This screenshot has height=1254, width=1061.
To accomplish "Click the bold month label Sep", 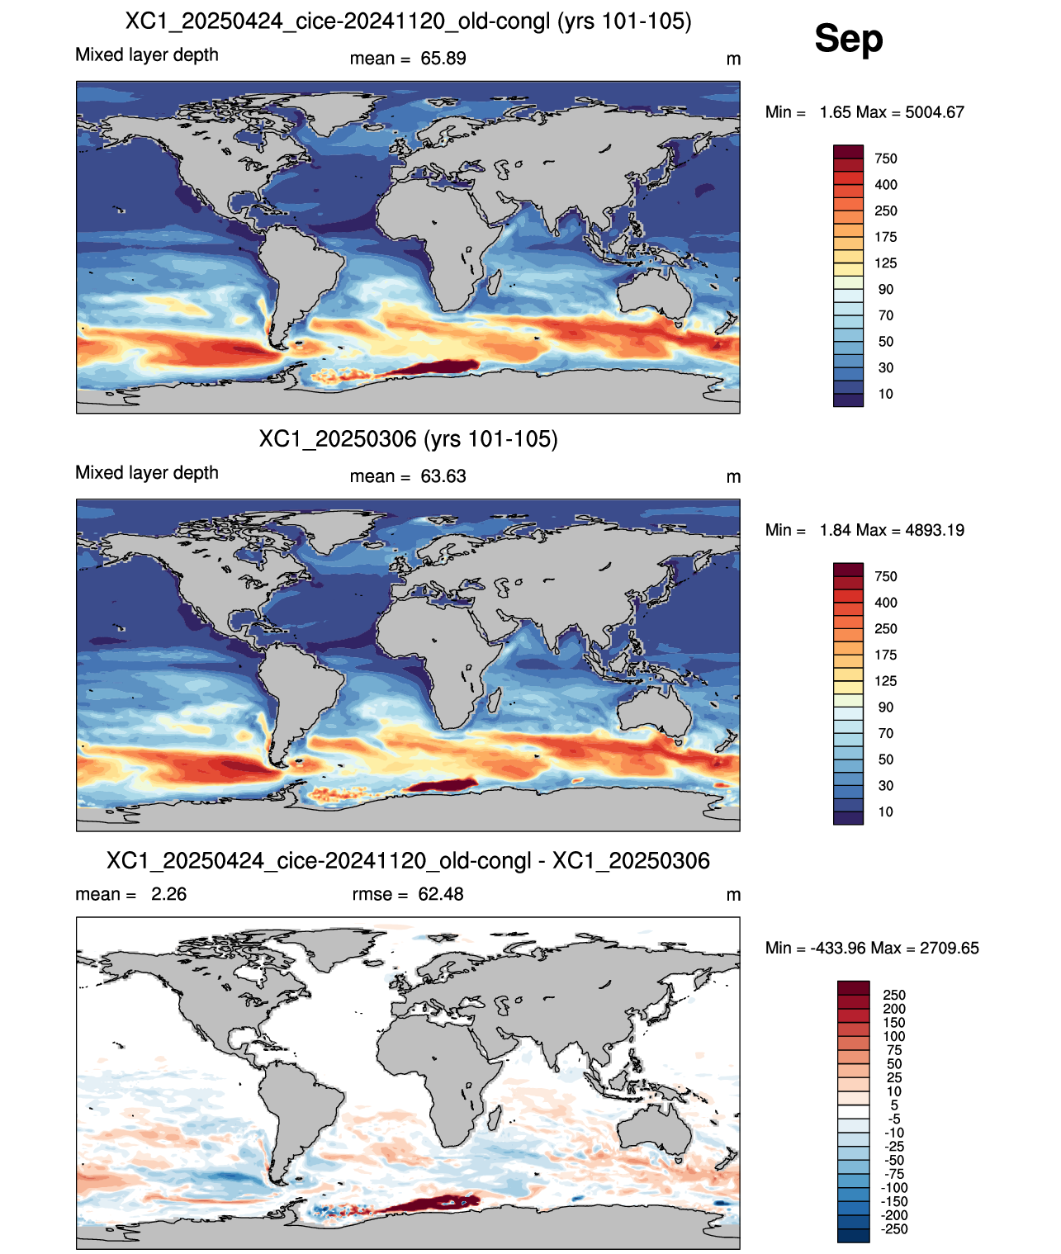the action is pos(848,38).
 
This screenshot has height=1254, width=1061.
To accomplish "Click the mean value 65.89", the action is pos(443,59).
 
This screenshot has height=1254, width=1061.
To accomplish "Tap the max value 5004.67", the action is pos(934,112).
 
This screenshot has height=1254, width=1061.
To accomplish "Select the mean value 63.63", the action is pos(443,476).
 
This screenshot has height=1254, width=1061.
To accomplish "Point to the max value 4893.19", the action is pos(934,530).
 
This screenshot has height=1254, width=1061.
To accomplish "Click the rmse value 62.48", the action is pos(440,894).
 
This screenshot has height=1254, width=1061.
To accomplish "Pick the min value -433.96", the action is pos(838,949).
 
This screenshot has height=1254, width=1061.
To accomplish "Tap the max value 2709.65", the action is pos(949,949).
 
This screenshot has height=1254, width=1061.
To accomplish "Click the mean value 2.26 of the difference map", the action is pos(168,894).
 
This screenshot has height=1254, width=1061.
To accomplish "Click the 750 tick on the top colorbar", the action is pos(885,159).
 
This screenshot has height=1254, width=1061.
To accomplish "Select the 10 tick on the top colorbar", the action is pos(885,394).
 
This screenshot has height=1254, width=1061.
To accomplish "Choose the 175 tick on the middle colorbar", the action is pos(885,655).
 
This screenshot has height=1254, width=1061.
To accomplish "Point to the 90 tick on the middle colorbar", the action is pos(885,707).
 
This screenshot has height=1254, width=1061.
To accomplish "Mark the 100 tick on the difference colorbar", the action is pos(893,1036).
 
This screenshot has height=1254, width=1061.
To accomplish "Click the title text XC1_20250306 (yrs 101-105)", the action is pos(408,438).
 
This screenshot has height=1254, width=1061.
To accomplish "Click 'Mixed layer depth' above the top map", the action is pos(147,54).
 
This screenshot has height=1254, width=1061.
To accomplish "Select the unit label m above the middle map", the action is pos(733,477).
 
